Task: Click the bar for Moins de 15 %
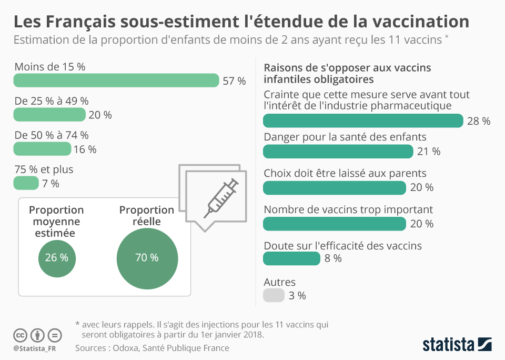tap(116, 81)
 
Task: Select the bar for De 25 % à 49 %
tap(49, 115)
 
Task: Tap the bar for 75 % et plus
tap(26, 183)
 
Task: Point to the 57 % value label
tap(235, 81)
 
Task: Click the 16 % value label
tap(85, 149)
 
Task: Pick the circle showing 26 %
tap(57, 258)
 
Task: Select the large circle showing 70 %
tap(147, 258)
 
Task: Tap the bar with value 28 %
tap(363, 121)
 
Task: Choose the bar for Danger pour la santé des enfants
tap(338, 152)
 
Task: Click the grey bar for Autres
tap(274, 295)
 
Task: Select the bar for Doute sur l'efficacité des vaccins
tap(291, 258)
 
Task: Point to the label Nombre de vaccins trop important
tap(348, 209)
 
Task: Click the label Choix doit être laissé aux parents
tap(345, 173)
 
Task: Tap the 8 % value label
tap(333, 258)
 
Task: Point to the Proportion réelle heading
tap(146, 216)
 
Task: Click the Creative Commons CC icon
tap(20, 335)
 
